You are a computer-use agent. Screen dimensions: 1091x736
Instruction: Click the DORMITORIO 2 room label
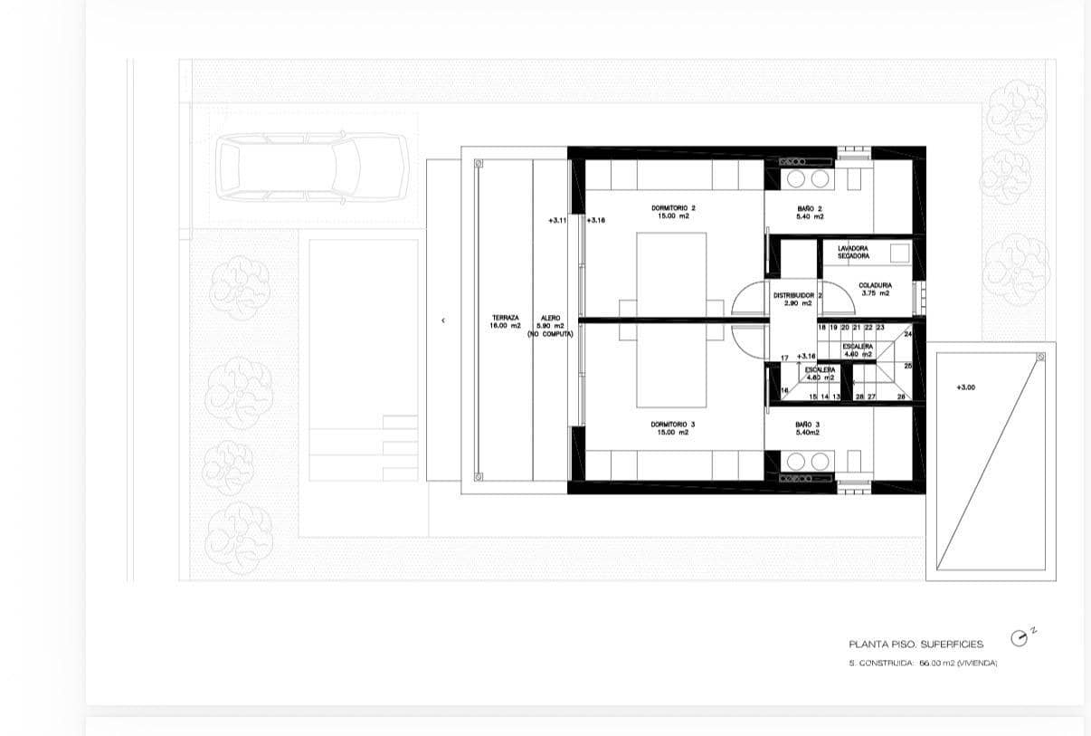pyautogui.click(x=673, y=212)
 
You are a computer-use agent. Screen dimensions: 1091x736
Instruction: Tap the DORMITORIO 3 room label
pyautogui.click(x=673, y=428)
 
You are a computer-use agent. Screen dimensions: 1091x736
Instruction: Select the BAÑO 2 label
pyautogui.click(x=810, y=212)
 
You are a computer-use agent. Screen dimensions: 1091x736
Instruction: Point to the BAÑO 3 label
pyautogui.click(x=808, y=428)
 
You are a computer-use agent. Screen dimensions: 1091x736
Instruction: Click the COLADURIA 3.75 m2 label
pyautogui.click(x=875, y=289)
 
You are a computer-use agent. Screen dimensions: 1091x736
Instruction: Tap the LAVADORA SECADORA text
pyautogui.click(x=853, y=252)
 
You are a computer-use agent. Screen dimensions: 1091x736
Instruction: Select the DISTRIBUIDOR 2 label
pyautogui.click(x=797, y=299)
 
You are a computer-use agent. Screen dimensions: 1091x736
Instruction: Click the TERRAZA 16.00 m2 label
pyautogui.click(x=506, y=321)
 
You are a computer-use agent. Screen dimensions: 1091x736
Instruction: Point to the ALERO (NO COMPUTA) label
pyautogui.click(x=550, y=326)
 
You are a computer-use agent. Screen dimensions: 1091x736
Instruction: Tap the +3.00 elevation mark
pyautogui.click(x=965, y=387)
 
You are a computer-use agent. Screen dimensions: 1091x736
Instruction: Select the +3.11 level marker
pyautogui.click(x=557, y=220)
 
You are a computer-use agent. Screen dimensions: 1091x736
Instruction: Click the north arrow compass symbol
pyautogui.click(x=1020, y=639)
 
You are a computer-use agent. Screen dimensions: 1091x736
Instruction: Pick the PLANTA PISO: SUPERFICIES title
pyautogui.click(x=915, y=645)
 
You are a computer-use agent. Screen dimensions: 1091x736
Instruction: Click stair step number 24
pyautogui.click(x=907, y=334)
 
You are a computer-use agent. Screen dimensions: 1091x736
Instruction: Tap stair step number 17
pyautogui.click(x=784, y=358)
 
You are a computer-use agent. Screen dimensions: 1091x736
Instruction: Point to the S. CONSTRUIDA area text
pyautogui.click(x=923, y=664)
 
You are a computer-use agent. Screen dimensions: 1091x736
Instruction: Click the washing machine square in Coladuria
pyautogui.click(x=898, y=254)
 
